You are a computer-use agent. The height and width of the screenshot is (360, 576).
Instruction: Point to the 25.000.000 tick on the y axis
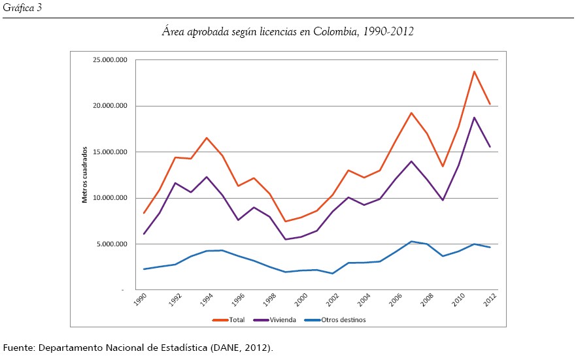coord(110,60)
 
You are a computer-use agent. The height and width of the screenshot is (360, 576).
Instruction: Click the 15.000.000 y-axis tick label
coord(110,152)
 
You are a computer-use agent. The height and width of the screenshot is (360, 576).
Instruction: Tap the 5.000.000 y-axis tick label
coord(112,244)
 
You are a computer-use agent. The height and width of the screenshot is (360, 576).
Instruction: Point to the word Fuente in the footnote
coord(18,347)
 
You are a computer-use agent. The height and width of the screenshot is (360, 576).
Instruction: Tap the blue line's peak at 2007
coord(411,241)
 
